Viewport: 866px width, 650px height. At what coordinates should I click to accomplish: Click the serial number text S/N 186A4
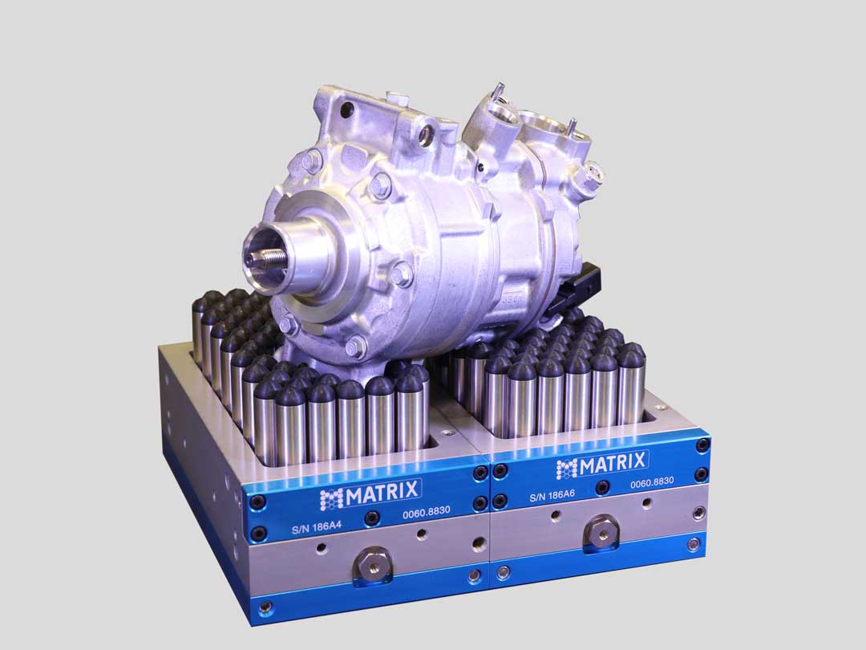pos(317,526)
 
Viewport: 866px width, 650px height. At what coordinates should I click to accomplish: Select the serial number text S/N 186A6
pos(552,496)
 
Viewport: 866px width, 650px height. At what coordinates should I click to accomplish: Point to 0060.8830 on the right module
pos(652,482)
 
